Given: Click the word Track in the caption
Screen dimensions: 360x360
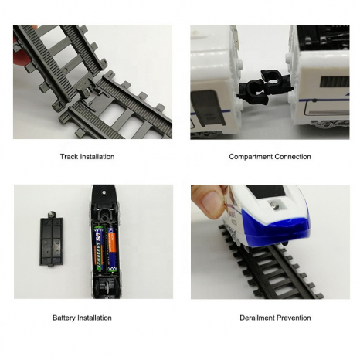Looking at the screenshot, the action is [69, 157].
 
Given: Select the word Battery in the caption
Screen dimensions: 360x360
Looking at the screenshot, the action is [64, 318].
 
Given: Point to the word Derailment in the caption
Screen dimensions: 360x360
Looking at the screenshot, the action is [256, 318].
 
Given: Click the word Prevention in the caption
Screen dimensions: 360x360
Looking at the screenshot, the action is [293, 318].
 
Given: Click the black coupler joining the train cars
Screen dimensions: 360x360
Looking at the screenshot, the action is [265, 87].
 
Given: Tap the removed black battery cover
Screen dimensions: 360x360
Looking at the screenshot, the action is [51, 239].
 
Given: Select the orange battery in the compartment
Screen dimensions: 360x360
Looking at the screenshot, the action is [112, 249].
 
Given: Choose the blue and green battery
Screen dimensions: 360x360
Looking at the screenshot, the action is [99, 248].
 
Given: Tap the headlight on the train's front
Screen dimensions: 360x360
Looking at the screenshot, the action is [274, 205].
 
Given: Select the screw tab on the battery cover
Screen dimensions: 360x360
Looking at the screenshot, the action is [52, 215].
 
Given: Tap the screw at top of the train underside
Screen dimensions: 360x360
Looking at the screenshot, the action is [104, 192].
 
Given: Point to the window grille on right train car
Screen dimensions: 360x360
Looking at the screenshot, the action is [334, 82].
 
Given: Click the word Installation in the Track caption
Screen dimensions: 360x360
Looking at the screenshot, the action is [97, 157].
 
